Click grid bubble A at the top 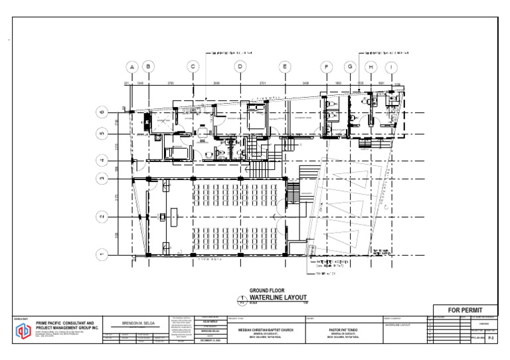(132, 67)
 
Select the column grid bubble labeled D (240, 67)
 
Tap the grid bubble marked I (392, 67)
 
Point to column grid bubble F (327, 67)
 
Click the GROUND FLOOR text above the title (266, 290)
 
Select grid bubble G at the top (350, 67)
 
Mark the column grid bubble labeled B (149, 67)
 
